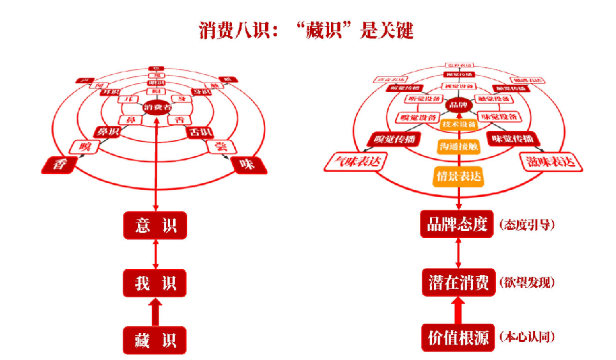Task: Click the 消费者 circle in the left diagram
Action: (157, 107)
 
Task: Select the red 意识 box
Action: (155, 225)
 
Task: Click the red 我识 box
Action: (155, 283)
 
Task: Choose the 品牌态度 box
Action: (458, 224)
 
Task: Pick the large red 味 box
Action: (247, 165)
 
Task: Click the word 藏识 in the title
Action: (327, 30)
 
